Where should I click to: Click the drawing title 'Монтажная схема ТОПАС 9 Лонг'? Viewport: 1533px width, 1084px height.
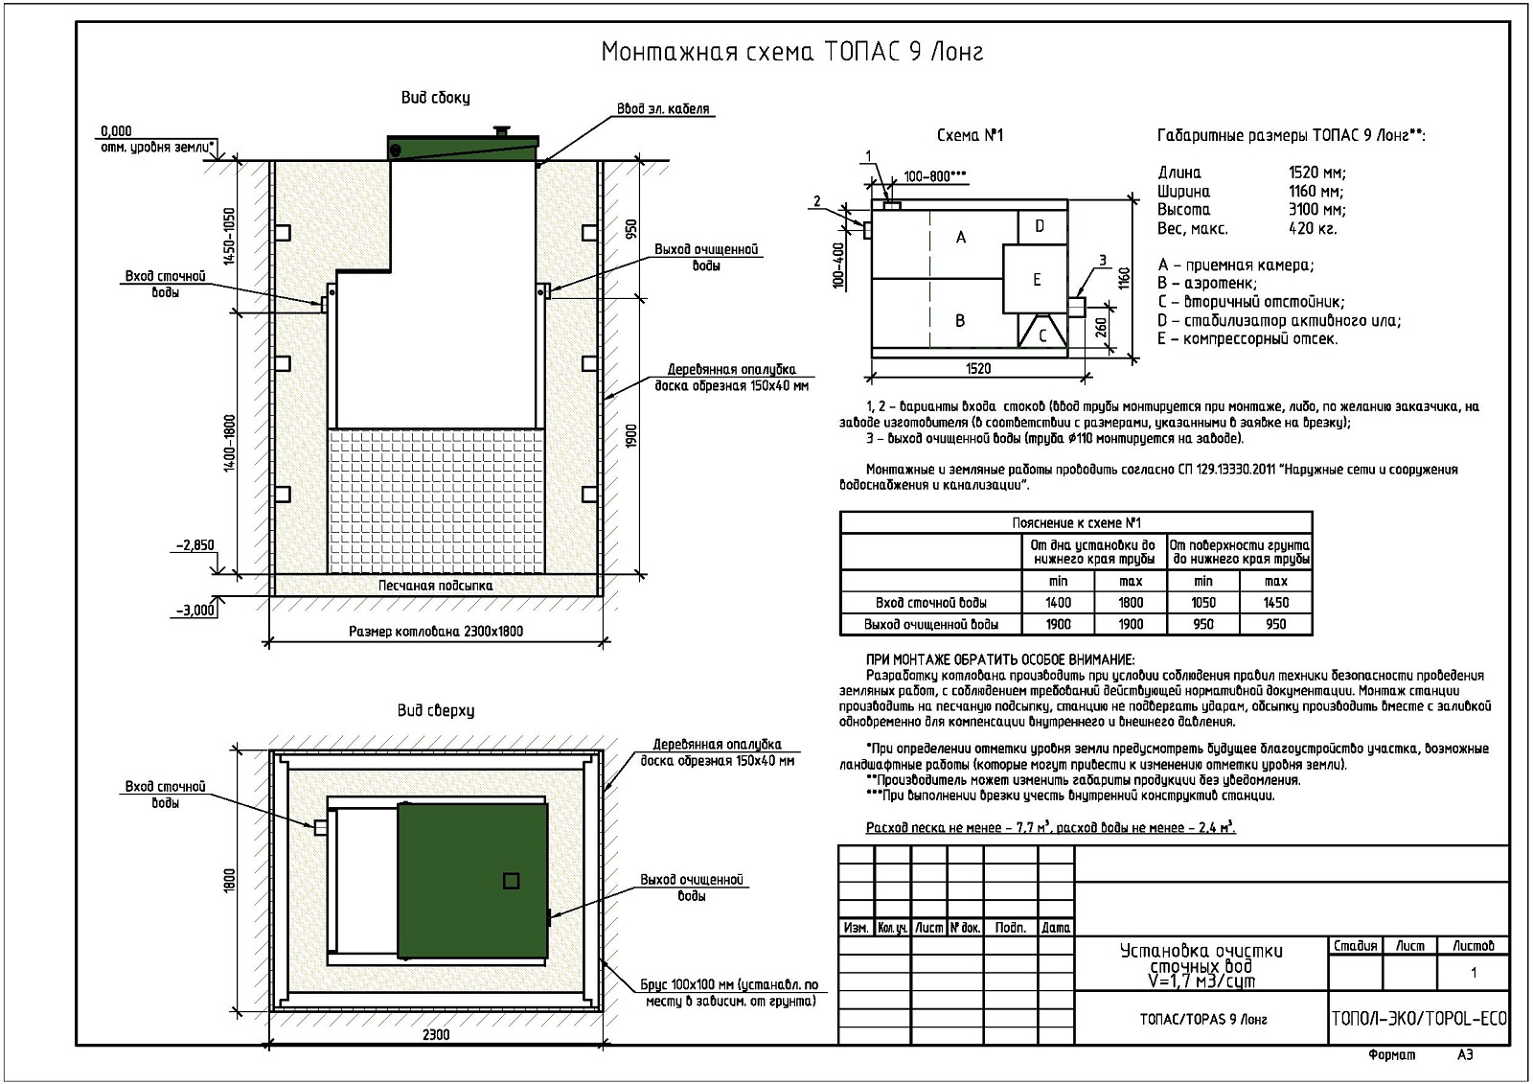791,51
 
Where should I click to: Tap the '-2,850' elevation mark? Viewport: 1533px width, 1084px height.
194,545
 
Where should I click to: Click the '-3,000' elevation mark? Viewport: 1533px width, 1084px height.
194,610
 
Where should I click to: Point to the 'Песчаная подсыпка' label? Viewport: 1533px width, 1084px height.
435,585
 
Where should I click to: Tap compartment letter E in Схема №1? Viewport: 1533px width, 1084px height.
1037,280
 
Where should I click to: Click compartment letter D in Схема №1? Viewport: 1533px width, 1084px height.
1040,227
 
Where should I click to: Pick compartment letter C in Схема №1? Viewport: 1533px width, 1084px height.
1043,335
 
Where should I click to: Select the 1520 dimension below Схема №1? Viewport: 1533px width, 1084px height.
978,368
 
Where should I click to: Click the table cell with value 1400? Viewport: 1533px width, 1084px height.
1058,603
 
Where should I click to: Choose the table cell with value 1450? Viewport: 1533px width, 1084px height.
1275,603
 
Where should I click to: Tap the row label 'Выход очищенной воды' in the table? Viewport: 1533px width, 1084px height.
931,625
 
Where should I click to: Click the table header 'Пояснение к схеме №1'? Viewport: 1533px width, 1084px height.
1076,523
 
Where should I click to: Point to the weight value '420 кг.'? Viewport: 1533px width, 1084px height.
1313,228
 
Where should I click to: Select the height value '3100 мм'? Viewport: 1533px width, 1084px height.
1316,209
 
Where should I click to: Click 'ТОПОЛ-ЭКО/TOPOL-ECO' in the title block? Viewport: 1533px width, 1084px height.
1419,1018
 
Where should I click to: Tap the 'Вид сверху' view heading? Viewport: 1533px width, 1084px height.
436,711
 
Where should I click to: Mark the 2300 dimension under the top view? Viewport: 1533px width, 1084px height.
436,1034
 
